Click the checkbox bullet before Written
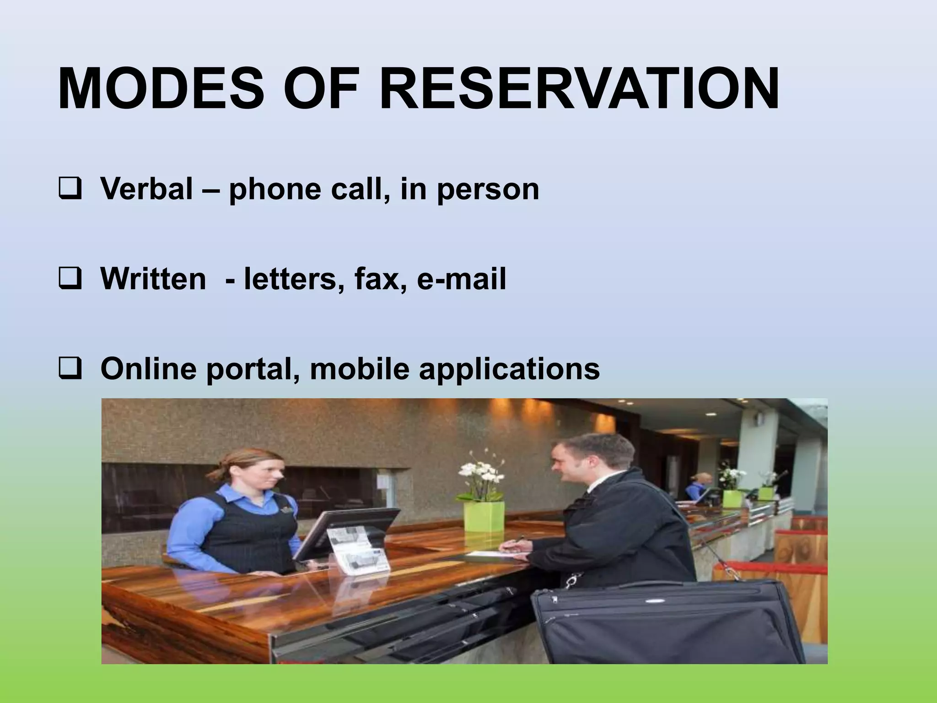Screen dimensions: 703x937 (x=70, y=280)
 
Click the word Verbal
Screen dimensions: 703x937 (x=146, y=189)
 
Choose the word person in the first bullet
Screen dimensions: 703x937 (x=488, y=189)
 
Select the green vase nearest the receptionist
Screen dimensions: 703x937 (x=484, y=522)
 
